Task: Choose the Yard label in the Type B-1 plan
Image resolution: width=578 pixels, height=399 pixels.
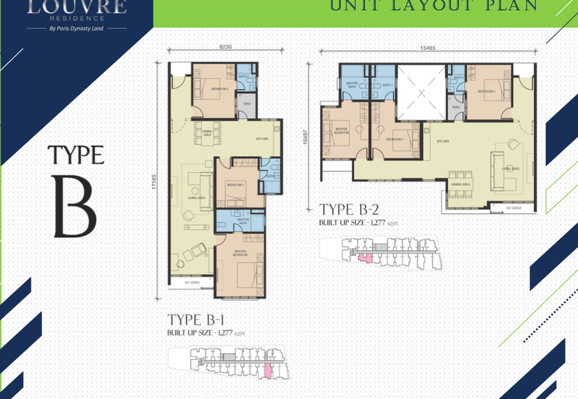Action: tap(246, 103)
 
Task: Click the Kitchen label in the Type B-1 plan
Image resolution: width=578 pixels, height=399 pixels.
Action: tap(262, 138)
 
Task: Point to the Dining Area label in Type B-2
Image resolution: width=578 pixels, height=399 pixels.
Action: tap(460, 184)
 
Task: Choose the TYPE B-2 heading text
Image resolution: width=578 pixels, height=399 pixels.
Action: tap(350, 210)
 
